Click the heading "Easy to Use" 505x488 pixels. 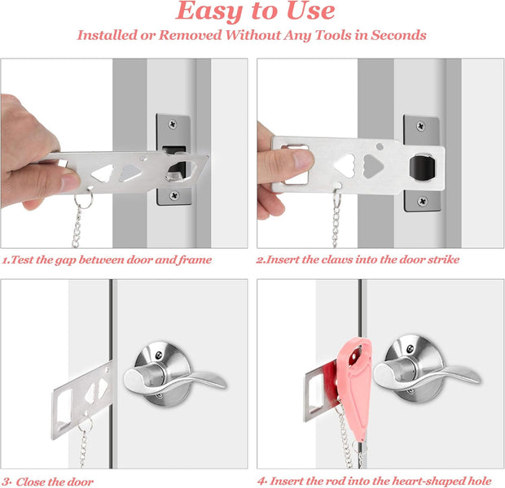coord(255,11)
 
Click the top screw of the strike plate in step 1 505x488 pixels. coord(174,124)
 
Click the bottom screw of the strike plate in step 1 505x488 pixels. coord(174,196)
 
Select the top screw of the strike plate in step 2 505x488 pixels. coord(421,127)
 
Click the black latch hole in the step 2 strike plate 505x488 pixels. coord(420,165)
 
